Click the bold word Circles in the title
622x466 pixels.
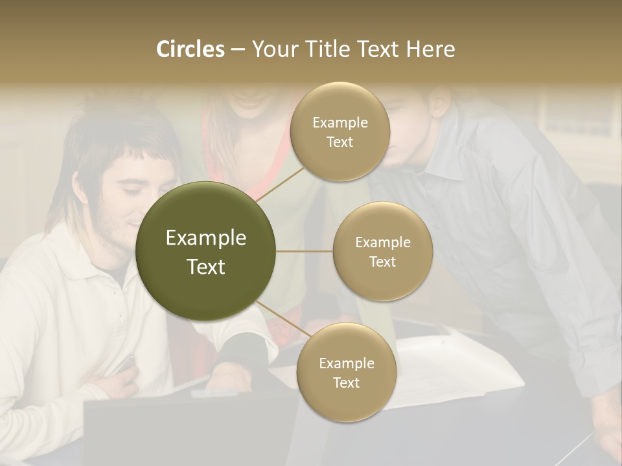click(x=190, y=49)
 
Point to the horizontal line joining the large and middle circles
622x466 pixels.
click(x=304, y=251)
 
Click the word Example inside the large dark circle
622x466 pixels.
click(x=206, y=238)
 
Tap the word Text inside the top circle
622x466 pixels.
click(x=340, y=142)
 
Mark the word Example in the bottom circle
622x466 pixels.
click(x=346, y=363)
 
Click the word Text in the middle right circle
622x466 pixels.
click(x=382, y=261)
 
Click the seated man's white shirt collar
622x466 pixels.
click(x=97, y=259)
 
